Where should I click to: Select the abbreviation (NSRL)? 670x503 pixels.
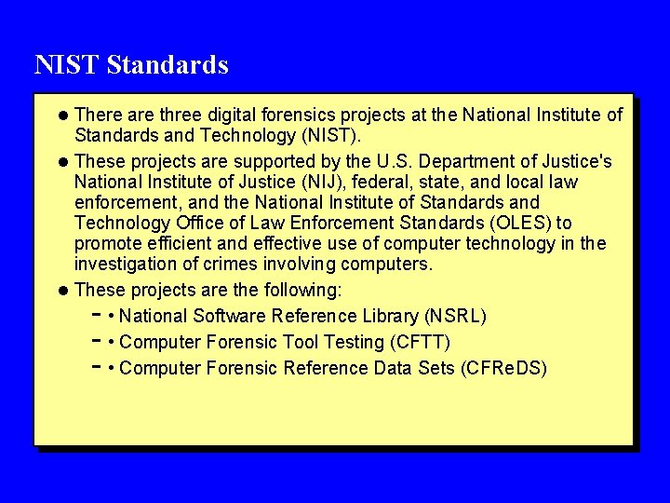(455, 316)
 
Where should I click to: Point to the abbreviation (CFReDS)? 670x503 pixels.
(503, 368)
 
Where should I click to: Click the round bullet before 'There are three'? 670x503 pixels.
(62, 116)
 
